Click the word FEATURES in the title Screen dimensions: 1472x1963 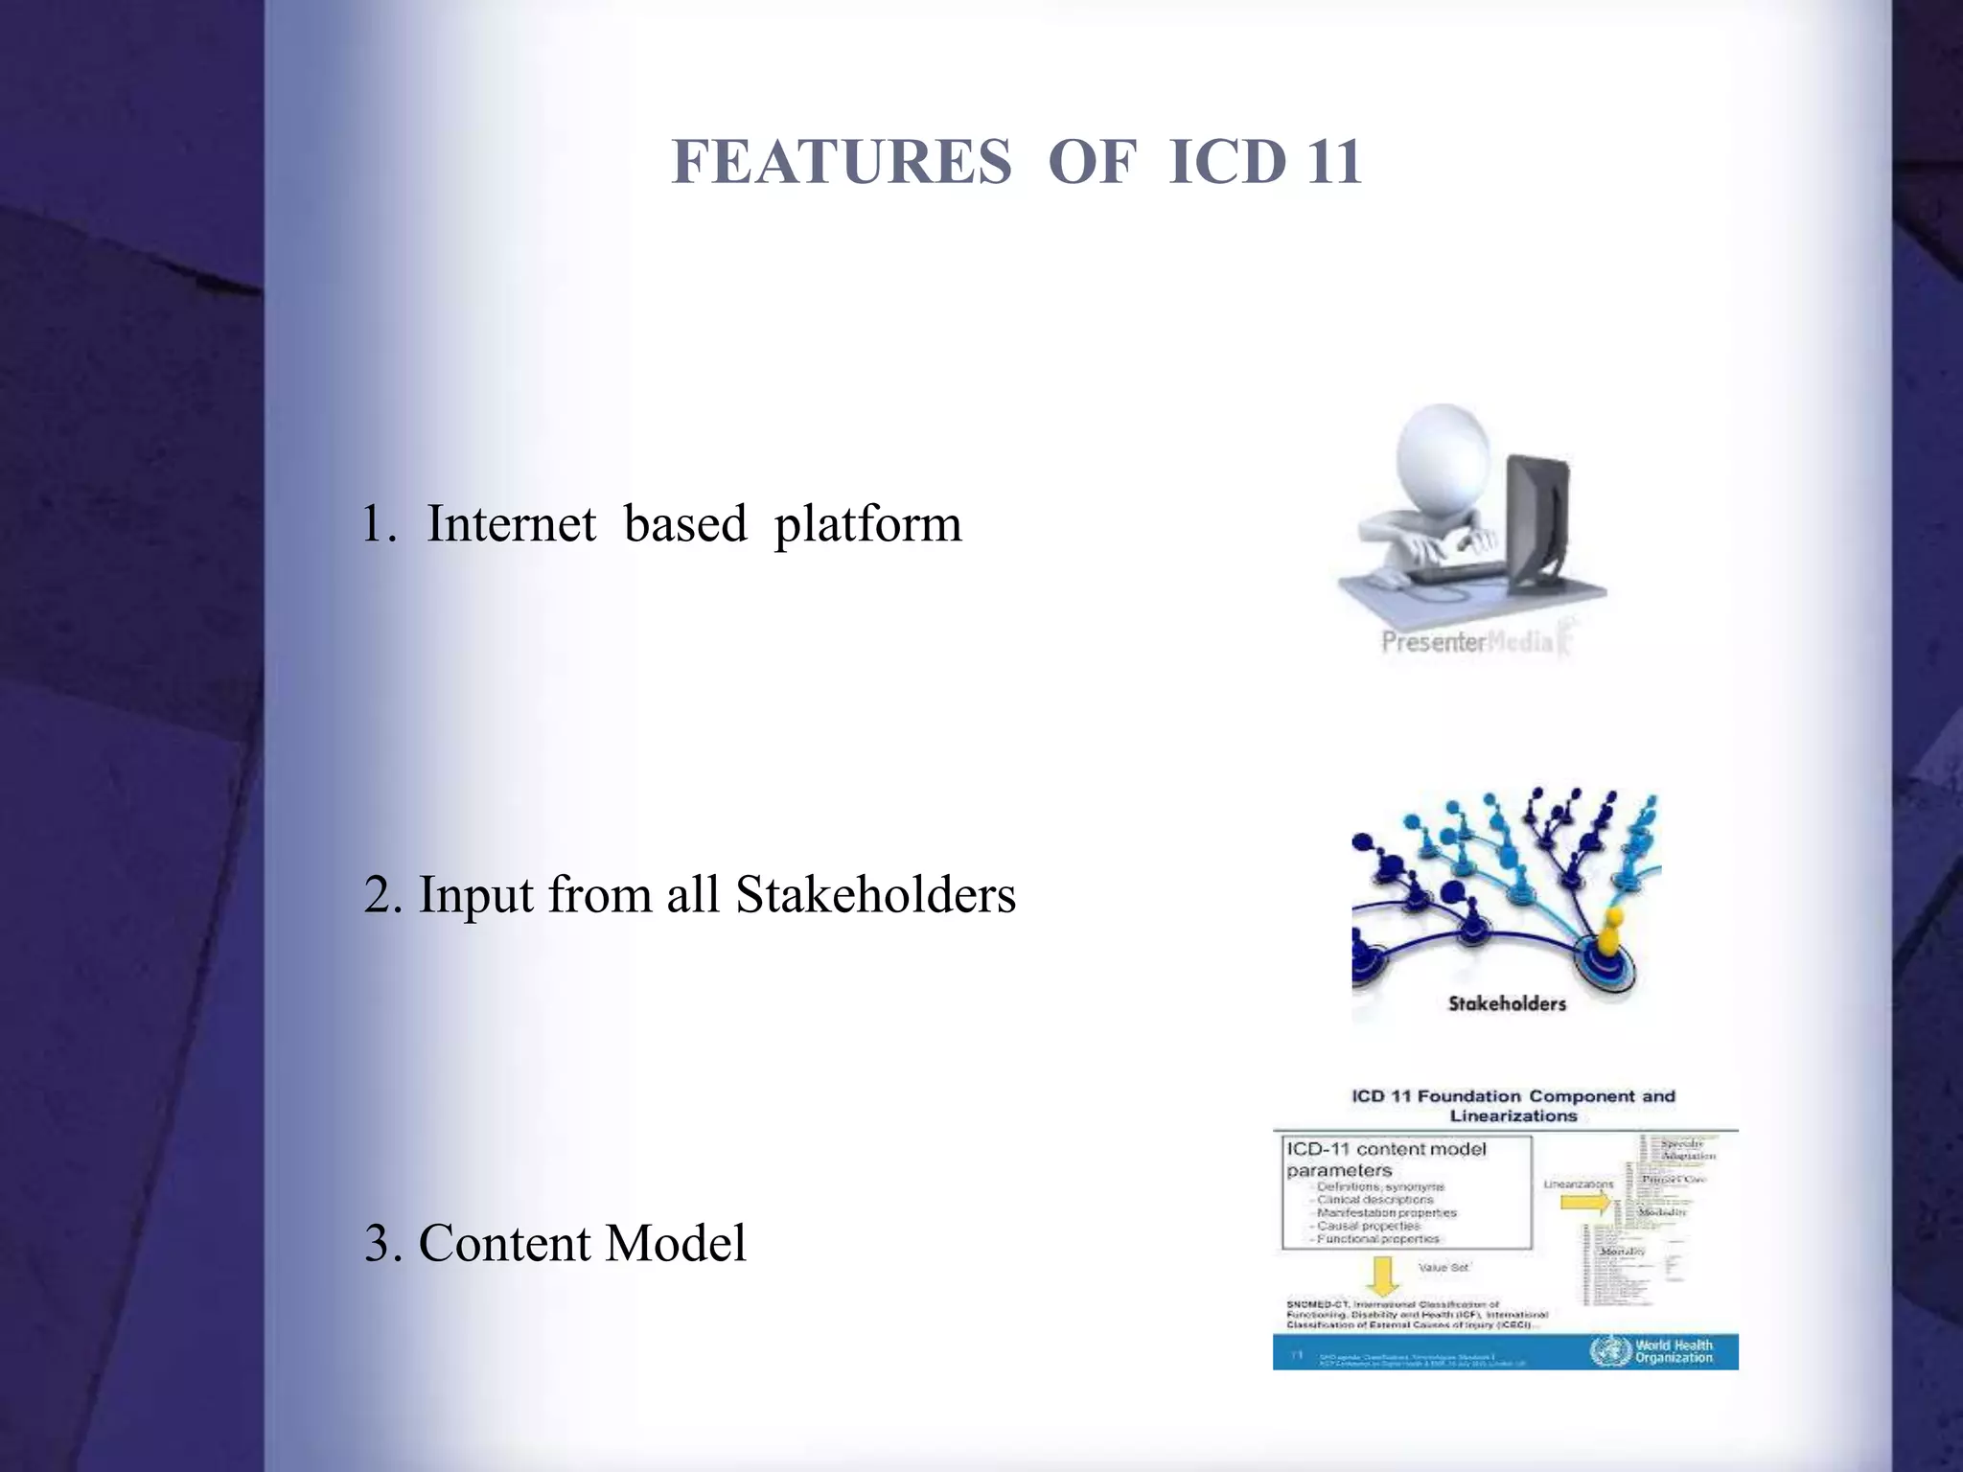842,162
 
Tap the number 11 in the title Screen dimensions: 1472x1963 1333,162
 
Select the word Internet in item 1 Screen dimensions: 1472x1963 511,524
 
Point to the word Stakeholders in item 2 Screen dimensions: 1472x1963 875,895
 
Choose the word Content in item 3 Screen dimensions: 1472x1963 504,1244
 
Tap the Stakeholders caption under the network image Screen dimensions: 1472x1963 1507,1003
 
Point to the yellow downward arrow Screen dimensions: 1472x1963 1382,1275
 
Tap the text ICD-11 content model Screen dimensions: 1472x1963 1386,1149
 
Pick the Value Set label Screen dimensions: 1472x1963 1443,1267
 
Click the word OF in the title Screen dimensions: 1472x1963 1092,162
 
